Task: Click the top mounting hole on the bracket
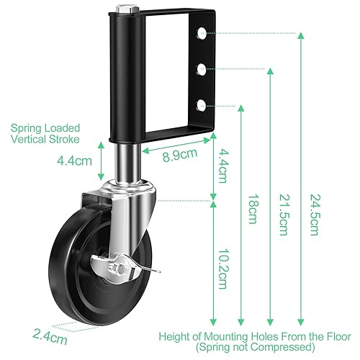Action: pyautogui.click(x=202, y=33)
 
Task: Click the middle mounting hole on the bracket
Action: pyautogui.click(x=202, y=69)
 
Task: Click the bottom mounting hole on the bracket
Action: pyautogui.click(x=202, y=106)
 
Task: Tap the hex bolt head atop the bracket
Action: pyautogui.click(x=127, y=9)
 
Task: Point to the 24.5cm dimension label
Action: pyautogui.click(x=315, y=215)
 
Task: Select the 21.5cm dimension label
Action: pyautogui.click(x=284, y=215)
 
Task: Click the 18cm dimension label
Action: pyautogui.click(x=253, y=209)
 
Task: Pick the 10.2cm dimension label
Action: pyautogui.click(x=223, y=269)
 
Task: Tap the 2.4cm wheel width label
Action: pyautogui.click(x=50, y=336)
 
